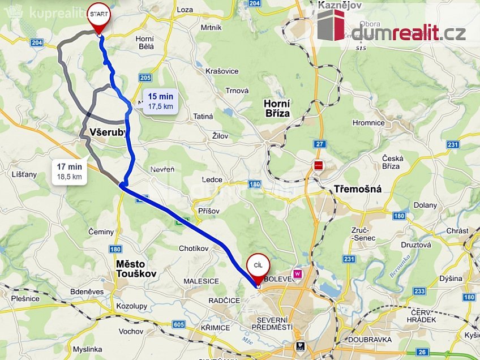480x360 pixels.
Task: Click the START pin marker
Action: coord(100,17)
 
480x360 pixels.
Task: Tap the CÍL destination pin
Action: coord(258,268)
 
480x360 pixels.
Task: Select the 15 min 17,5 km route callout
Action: coord(161,101)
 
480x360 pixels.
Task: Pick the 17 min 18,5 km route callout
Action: coord(69,172)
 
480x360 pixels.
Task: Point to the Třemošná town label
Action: coord(357,189)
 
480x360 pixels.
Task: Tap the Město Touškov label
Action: coord(136,269)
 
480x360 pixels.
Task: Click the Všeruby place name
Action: coord(108,132)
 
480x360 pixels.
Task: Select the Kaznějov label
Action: coord(340,5)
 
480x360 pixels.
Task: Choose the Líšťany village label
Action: coord(24,174)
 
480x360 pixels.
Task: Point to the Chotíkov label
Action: coord(194,248)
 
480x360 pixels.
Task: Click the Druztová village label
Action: coord(416,245)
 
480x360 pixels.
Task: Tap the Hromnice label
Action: coord(368,122)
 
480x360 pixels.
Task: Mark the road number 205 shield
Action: coord(145,78)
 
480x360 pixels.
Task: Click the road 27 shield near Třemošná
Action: coord(320,144)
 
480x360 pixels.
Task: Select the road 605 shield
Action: coord(179,324)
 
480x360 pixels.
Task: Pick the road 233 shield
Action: coord(419,291)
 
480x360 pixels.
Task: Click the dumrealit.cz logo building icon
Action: coord(331,25)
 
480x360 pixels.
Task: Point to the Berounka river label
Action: coord(400,264)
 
